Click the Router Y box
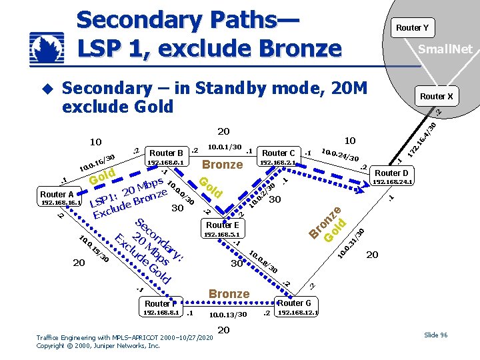412,27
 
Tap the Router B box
167,153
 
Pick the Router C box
279,153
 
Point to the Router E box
223,225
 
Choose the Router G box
294,303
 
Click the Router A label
57,195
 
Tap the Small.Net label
445,49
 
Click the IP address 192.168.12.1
298,312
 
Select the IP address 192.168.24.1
393,181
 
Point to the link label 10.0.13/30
228,315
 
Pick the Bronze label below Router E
229,293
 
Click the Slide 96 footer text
435,335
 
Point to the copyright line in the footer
98,346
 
